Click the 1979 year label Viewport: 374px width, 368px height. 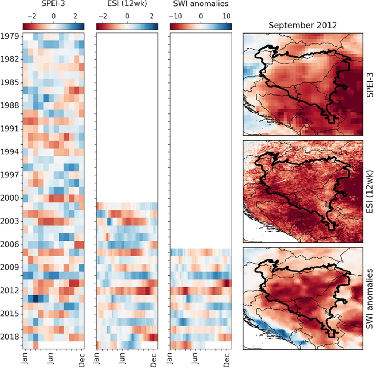click(9, 36)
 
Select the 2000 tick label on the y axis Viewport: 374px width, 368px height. click(9, 198)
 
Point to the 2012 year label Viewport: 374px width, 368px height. click(9, 291)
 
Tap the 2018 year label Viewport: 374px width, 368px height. click(9, 337)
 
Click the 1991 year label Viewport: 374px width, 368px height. click(9, 129)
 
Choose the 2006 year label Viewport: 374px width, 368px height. click(9, 244)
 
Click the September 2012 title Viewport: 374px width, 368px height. click(302, 26)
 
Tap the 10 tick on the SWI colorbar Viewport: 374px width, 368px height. click(226, 17)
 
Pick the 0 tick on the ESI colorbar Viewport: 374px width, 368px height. click(127, 17)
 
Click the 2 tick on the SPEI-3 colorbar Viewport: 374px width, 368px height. click(75, 17)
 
